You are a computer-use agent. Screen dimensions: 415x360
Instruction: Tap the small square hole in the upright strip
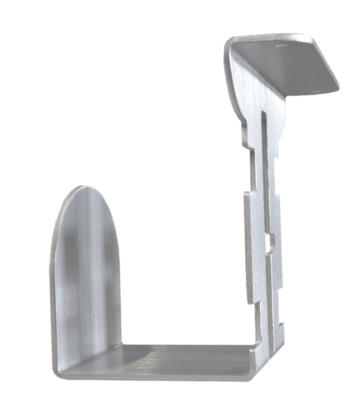[x=268, y=241]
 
